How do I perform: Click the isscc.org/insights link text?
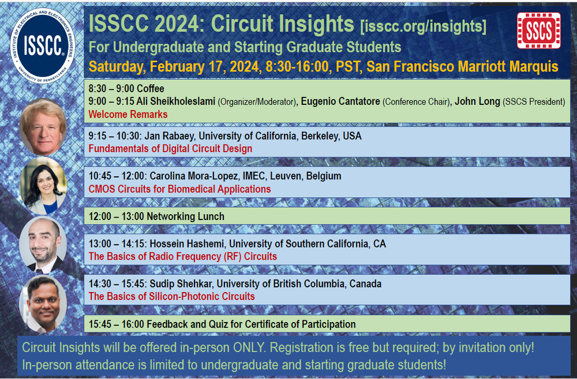tap(423, 26)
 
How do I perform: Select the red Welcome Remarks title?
tap(128, 114)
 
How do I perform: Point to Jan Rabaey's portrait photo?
tap(43, 126)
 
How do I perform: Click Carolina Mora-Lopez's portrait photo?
tap(43, 185)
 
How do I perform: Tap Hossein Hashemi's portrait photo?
tap(43, 245)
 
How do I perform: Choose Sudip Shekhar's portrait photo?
tap(43, 304)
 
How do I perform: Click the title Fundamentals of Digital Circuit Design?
tap(170, 149)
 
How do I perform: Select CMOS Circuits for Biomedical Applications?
tap(179, 189)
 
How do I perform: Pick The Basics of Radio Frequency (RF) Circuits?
tap(182, 256)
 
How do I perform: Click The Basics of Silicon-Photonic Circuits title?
tap(171, 297)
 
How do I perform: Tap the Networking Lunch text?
tap(185, 217)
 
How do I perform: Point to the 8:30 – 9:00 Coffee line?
tap(126, 89)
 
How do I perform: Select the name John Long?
tap(476, 102)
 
